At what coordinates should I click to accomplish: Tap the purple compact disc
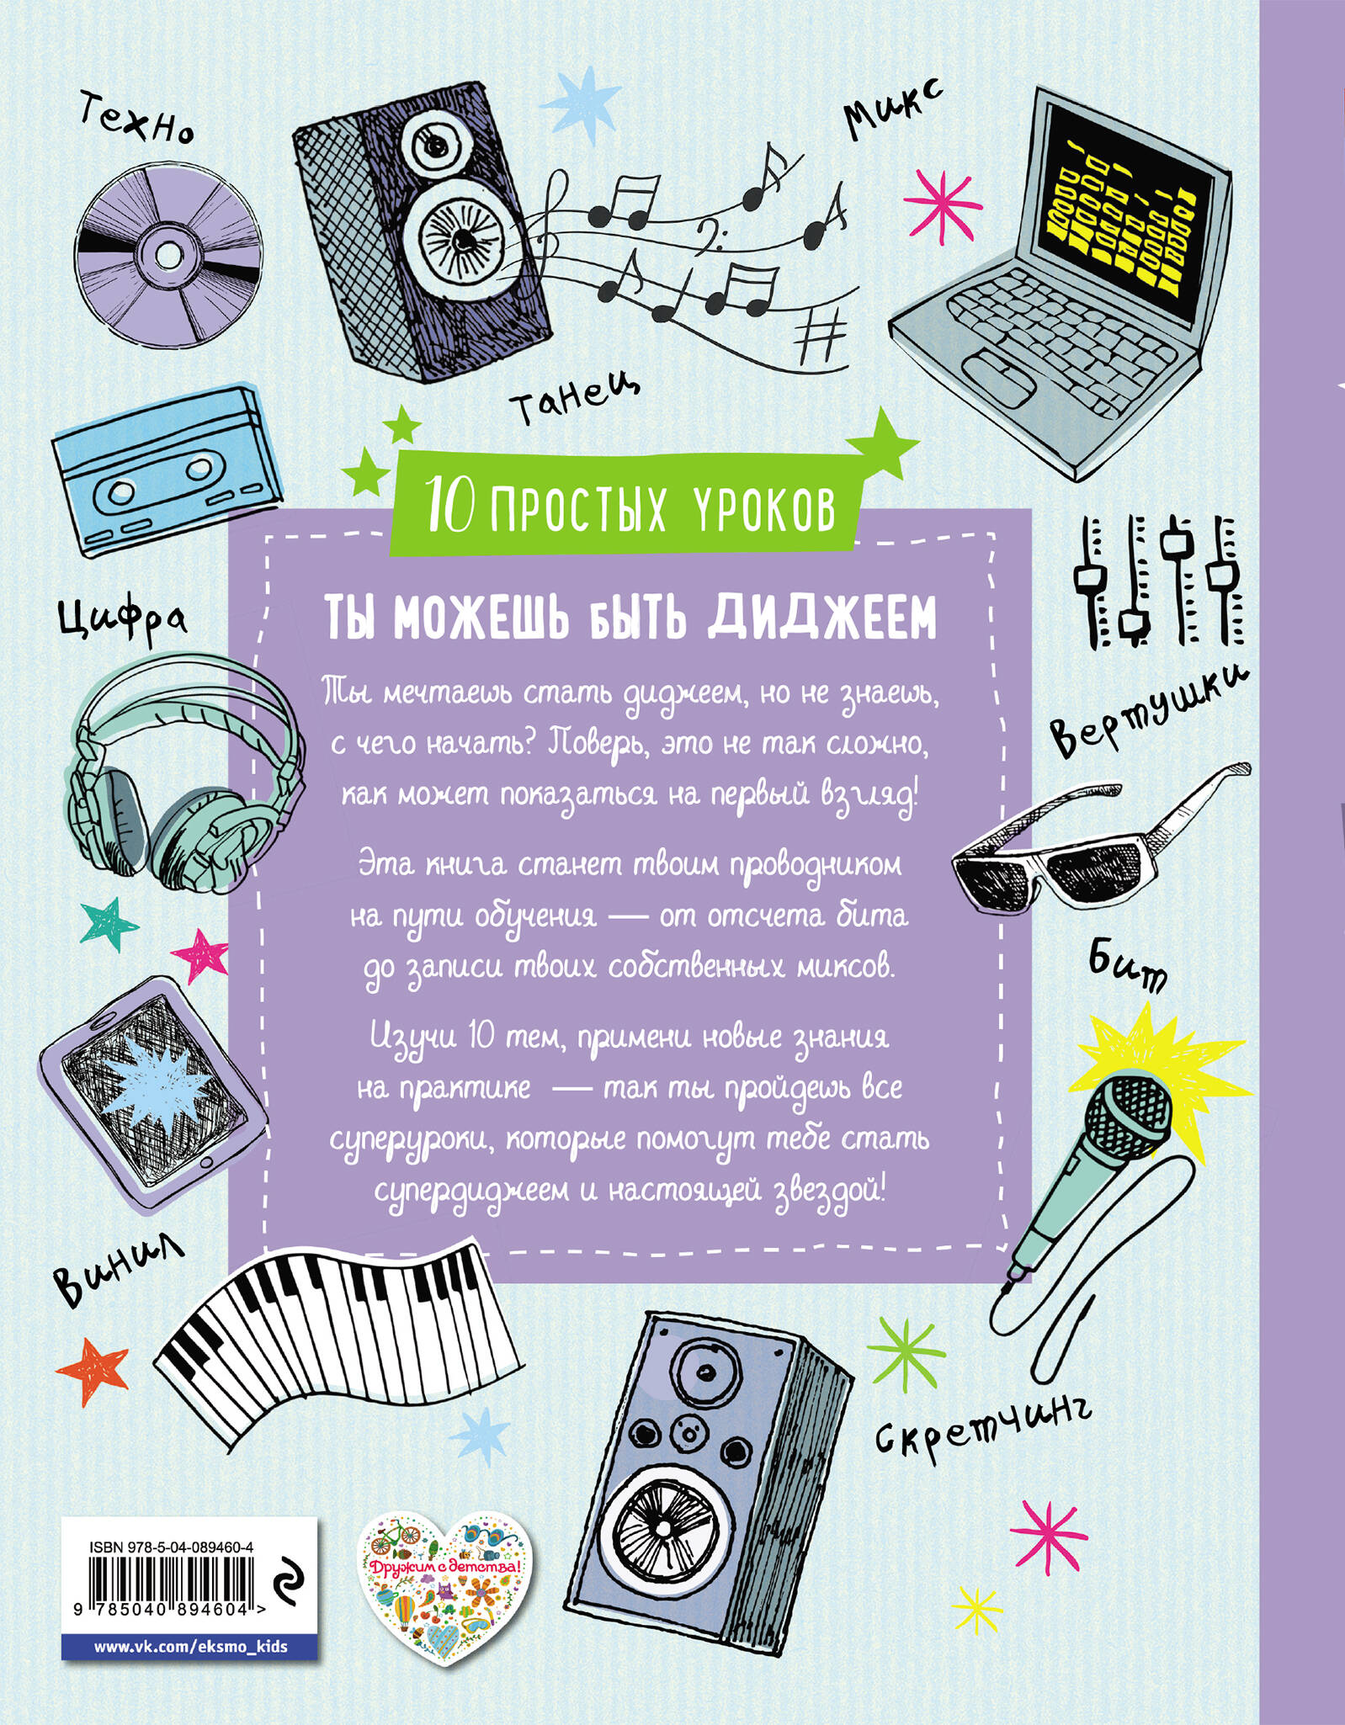[166, 252]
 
